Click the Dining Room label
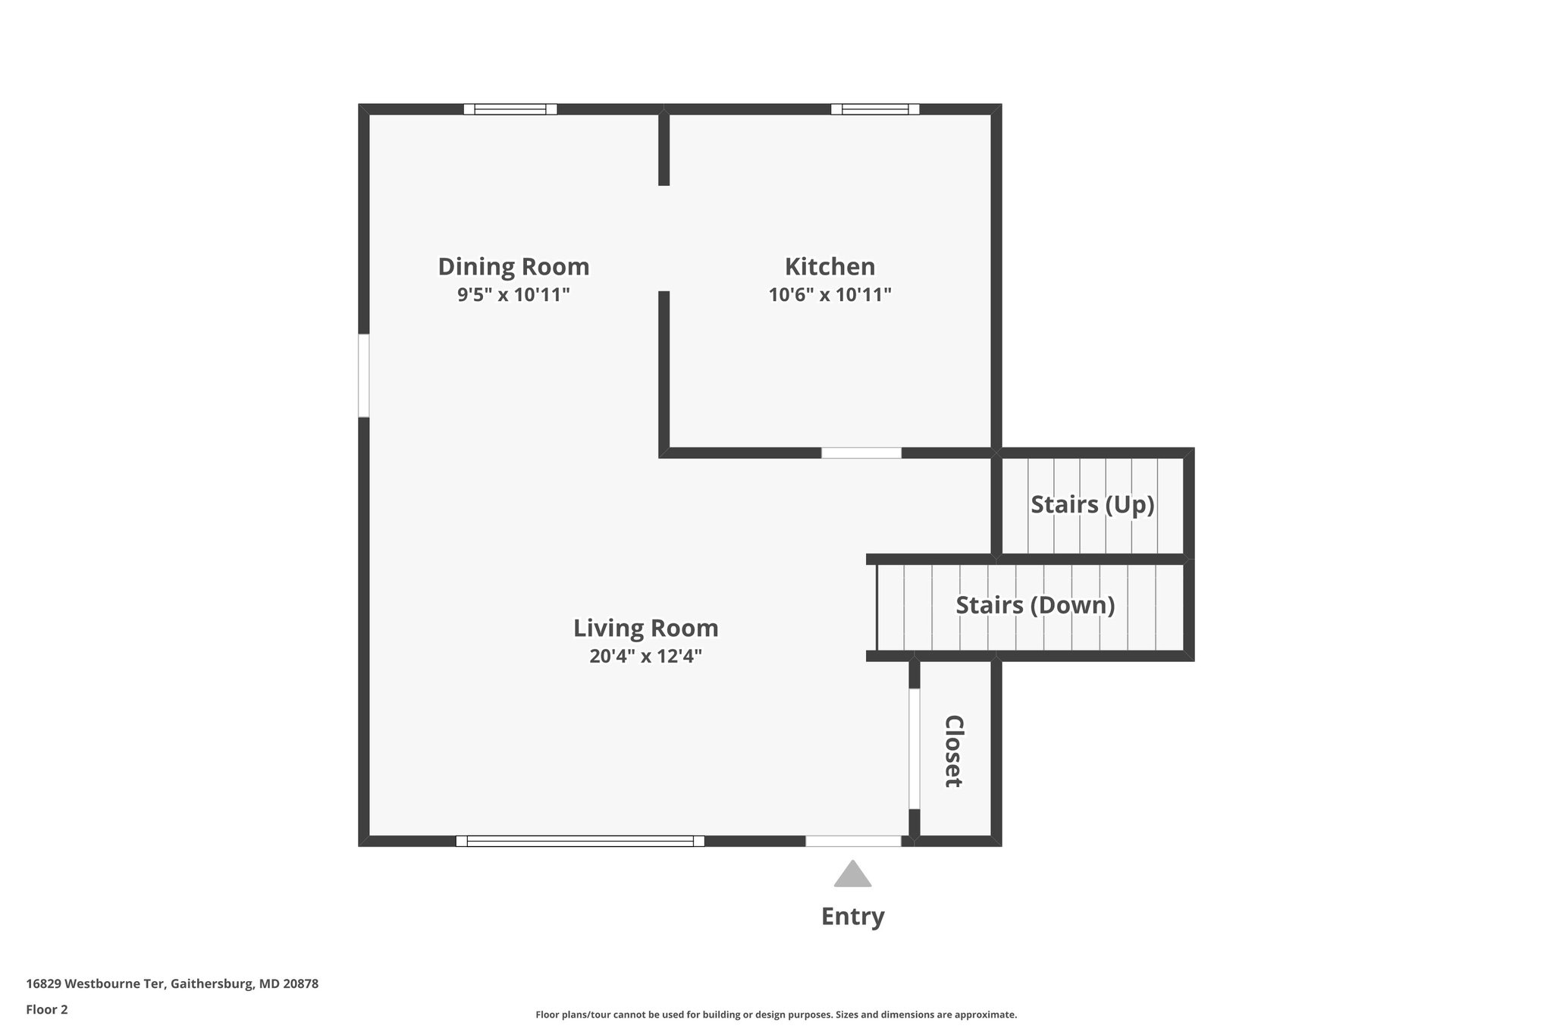[513, 267]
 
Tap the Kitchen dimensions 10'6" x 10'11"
[830, 295]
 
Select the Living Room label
[645, 628]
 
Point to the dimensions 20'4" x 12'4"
[645, 657]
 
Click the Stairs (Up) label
[1092, 504]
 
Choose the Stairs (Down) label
[1035, 605]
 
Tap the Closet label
[953, 751]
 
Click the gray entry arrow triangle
[852, 875]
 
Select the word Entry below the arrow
[852, 917]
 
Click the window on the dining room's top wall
[510, 109]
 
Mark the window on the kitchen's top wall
[875, 109]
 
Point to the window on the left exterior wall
[364, 375]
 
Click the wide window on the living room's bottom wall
[580, 841]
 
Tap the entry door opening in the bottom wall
[852, 841]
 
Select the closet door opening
[915, 748]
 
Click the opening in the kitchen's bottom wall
[861, 453]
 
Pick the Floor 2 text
[47, 1009]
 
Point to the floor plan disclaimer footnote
[776, 1015]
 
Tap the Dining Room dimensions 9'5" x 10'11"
[513, 295]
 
